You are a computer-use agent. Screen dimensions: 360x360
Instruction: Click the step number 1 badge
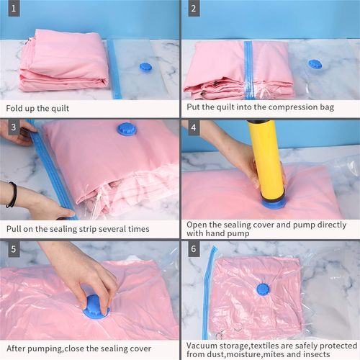14,9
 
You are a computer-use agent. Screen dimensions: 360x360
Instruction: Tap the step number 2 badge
194,9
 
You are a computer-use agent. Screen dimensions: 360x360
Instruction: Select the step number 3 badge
14,127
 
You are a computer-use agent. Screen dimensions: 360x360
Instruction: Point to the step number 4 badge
194,127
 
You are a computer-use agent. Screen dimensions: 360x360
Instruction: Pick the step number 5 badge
14,248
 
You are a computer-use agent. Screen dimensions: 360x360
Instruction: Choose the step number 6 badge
194,248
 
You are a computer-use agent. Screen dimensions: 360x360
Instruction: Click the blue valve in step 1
145,67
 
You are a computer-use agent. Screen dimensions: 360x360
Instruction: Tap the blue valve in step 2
314,65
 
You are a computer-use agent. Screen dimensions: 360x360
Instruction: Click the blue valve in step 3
127,129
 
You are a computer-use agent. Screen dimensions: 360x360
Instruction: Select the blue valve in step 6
263,289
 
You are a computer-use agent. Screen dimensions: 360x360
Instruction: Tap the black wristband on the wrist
12,194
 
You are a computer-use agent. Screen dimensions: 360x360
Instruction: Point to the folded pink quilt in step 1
63,60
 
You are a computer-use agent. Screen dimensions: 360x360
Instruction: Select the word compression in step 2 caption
285,107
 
